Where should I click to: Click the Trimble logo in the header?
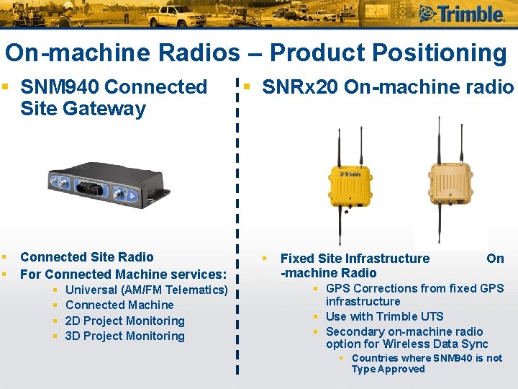460,14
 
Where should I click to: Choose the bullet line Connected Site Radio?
87,257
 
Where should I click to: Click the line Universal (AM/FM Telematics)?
146,290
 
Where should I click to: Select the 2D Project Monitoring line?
124,321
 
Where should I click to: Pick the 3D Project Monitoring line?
124,336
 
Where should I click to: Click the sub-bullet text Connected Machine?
119,305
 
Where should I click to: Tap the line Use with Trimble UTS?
384,316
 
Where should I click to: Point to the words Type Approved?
388,370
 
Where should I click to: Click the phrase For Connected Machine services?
124,274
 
